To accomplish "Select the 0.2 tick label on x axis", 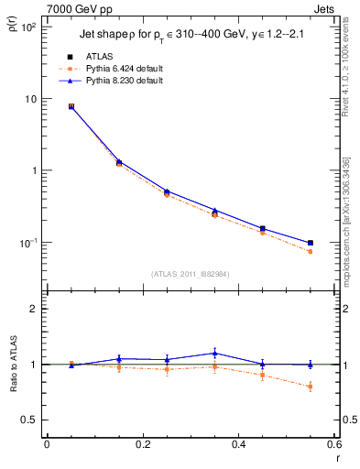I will (x=142, y=444).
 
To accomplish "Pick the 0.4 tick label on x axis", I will (x=238, y=444).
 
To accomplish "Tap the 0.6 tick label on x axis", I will (x=333, y=444).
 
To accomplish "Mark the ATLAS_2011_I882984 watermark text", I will (x=190, y=274).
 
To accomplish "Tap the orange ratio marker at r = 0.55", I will (x=311, y=387).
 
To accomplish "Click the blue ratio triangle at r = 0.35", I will (x=214, y=353).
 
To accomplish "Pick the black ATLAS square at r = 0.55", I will (x=311, y=243).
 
